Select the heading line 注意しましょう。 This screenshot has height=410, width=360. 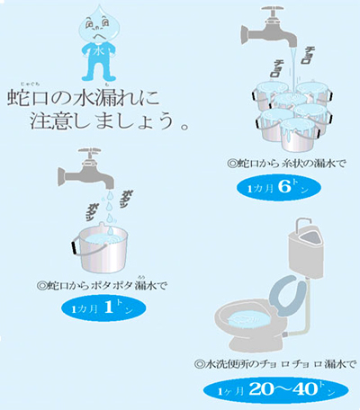tap(108, 120)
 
